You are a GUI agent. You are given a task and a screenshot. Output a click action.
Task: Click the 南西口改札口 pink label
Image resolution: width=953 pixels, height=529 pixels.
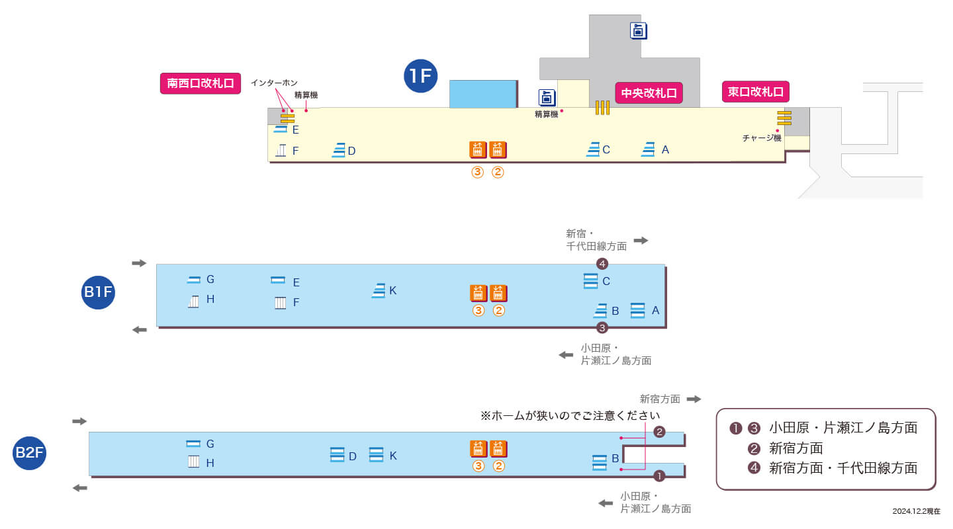coord(201,83)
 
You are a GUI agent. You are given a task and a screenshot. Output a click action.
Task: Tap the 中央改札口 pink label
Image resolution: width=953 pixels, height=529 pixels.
coord(649,93)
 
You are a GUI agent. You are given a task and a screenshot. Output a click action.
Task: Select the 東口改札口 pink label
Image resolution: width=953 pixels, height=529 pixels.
coord(756,92)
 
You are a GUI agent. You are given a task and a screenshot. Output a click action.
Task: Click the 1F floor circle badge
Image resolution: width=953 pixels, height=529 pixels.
coord(420,76)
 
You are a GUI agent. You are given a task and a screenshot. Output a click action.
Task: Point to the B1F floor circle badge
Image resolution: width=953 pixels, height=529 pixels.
coord(98,292)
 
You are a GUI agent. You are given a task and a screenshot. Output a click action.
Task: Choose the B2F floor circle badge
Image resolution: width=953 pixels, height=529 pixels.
coord(29,453)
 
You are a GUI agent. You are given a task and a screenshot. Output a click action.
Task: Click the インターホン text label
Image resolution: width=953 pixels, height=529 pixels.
coord(274,83)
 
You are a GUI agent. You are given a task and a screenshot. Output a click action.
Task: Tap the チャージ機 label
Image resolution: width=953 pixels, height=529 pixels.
coord(762,138)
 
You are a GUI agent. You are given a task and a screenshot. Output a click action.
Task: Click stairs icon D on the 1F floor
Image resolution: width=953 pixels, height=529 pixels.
coord(339,150)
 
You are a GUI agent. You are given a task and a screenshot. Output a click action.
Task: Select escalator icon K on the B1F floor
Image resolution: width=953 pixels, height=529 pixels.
coord(379,291)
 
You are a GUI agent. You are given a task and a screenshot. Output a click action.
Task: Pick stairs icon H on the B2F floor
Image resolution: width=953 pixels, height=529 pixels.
coord(193,462)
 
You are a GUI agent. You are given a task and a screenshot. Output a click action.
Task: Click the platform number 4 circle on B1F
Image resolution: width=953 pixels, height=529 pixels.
coord(602,264)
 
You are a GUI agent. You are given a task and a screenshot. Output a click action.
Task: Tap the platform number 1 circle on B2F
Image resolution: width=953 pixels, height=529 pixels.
coord(659,476)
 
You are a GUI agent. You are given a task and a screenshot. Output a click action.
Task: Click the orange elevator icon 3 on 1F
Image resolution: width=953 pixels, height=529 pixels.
coord(478,149)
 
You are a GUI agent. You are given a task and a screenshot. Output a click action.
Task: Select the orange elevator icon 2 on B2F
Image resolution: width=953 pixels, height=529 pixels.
coord(498,449)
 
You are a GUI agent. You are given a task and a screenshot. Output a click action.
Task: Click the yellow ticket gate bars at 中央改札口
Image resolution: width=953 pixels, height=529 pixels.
coord(602,108)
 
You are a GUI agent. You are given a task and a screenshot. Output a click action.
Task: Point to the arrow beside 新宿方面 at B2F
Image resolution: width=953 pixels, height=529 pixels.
coord(694,399)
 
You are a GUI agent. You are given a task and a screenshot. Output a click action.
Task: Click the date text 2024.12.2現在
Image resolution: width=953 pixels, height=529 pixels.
coord(917,511)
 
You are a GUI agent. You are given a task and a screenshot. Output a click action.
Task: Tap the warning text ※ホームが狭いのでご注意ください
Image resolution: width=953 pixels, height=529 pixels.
coord(570,415)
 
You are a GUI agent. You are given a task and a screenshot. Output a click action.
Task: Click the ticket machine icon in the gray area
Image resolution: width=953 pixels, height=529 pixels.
coord(638,30)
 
